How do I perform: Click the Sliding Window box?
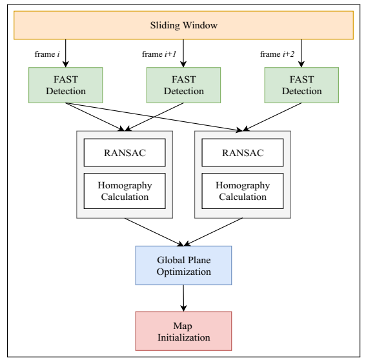point(183,25)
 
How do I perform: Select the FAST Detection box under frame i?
point(66,85)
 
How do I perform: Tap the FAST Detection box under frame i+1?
point(183,85)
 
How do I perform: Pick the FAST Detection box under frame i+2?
point(301,85)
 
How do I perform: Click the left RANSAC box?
point(125,153)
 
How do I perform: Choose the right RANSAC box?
point(243,153)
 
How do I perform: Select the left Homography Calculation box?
point(125,191)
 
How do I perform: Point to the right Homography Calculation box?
point(243,191)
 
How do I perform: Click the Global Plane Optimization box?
point(183,265)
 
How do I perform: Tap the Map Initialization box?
point(183,331)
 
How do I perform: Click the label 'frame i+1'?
point(159,54)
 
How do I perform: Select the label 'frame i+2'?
point(277,54)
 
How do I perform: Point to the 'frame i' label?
point(47,54)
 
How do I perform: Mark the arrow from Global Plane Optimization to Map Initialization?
point(183,298)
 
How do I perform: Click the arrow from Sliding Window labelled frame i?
point(66,54)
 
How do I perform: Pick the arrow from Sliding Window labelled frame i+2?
point(301,54)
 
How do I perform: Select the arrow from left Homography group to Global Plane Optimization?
point(154,232)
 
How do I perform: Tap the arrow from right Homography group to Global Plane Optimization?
point(213,232)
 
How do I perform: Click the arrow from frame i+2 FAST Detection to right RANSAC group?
point(272,117)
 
